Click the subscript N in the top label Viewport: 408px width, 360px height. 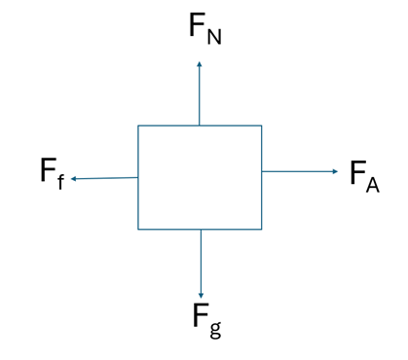coord(214,37)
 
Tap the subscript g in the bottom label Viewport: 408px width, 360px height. coord(215,330)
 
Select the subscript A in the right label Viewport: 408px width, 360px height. coord(373,185)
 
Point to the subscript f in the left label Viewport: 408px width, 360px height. coord(60,182)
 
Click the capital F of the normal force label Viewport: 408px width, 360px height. coord(198,24)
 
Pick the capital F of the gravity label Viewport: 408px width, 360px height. coord(201,314)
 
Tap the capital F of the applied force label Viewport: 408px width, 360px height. coord(358,172)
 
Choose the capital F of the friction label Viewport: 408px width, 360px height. coord(49,170)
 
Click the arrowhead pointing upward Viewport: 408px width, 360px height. coord(200,64)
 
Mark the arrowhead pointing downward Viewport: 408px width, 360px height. coord(201,296)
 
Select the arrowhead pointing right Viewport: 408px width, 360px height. coord(335,171)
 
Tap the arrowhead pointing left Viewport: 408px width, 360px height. coord(74,179)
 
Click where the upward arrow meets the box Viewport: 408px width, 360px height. coord(200,126)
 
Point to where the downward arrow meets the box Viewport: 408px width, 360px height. coord(201,230)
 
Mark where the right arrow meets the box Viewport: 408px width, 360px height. coord(262,171)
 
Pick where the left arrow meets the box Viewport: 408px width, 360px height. coord(138,177)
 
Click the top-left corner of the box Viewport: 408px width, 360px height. coord(138,126)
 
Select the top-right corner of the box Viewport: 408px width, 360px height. coord(262,126)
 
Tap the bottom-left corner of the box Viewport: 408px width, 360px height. coord(138,230)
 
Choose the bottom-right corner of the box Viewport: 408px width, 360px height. coord(262,230)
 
